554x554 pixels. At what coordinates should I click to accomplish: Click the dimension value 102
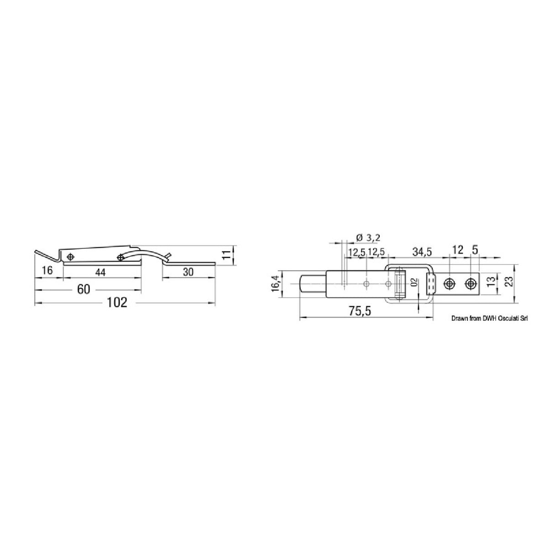117,303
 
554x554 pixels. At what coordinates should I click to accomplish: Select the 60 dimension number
84,289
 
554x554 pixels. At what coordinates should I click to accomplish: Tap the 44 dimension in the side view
101,272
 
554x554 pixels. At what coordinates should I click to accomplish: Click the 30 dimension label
188,272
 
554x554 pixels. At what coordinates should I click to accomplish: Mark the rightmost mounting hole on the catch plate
470,284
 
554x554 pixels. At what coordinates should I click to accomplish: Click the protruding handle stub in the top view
312,283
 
